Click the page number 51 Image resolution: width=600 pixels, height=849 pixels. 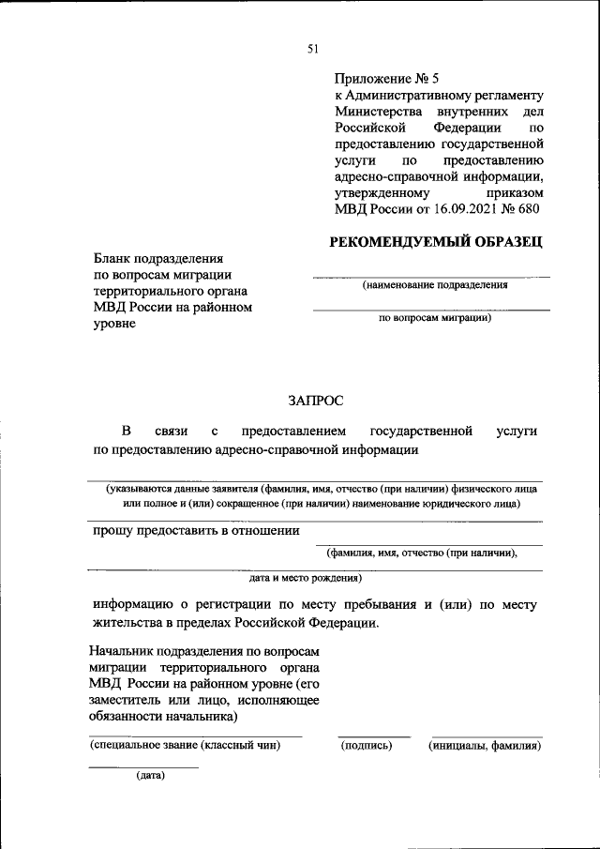(312, 50)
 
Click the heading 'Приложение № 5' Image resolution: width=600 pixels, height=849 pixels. (387, 79)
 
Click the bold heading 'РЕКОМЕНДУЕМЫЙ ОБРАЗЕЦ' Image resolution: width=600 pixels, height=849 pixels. (436, 242)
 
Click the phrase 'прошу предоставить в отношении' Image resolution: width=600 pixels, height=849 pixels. (196, 530)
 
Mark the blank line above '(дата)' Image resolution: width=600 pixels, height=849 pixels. (143, 767)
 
